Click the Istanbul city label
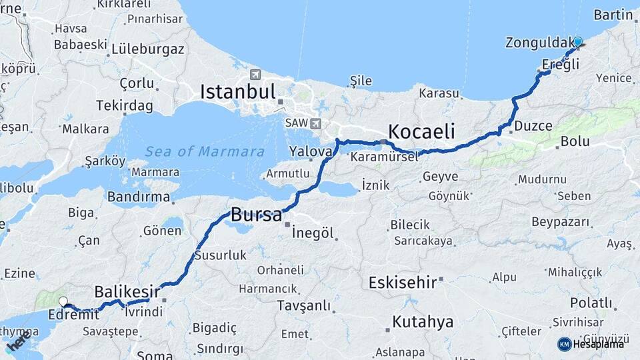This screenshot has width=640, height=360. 237,91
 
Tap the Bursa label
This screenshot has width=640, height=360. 256,215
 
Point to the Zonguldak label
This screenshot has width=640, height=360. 537,43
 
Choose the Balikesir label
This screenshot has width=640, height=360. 127,291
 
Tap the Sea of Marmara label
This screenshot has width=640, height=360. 205,151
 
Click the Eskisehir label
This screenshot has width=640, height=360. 402,282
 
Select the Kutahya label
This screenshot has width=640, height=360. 423,322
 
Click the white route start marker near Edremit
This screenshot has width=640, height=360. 63,302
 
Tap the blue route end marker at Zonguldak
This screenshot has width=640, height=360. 577,41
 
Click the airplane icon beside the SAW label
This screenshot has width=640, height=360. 315,123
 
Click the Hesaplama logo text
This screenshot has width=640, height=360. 598,344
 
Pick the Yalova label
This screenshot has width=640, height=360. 311,152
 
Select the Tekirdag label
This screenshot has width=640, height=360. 124,105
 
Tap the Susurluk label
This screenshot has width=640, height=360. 221,255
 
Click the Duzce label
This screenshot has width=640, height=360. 533,125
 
